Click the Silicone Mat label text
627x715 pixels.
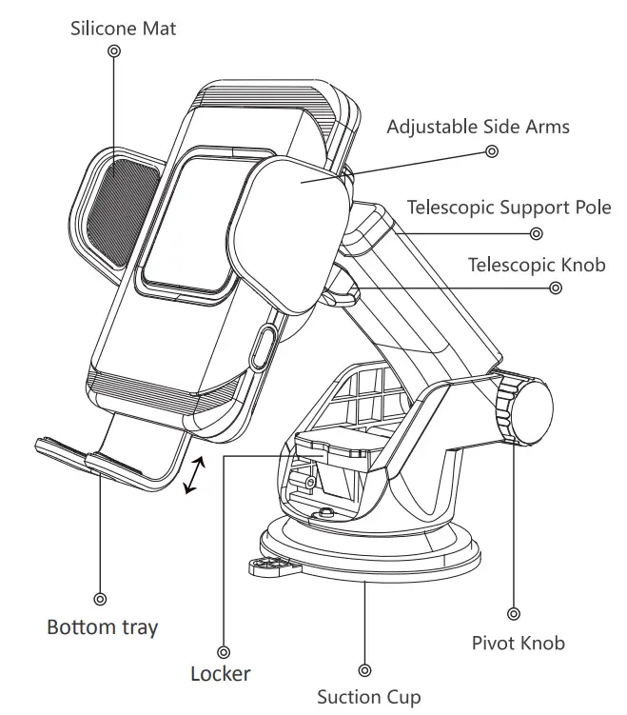click(123, 29)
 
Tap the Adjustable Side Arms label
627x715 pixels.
click(478, 127)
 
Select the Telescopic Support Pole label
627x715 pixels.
click(509, 207)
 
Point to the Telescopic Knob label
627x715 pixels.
click(537, 265)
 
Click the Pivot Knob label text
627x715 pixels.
click(518, 644)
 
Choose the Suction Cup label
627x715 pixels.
click(368, 698)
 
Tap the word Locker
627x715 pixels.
click(221, 674)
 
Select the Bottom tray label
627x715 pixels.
click(103, 627)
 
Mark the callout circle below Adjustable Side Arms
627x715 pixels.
click(492, 150)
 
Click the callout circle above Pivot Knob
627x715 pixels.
click(514, 615)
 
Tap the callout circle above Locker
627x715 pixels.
click(224, 652)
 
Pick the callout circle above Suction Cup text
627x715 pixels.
click(365, 671)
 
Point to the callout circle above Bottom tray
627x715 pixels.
click(100, 600)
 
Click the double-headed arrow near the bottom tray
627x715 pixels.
click(192, 475)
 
